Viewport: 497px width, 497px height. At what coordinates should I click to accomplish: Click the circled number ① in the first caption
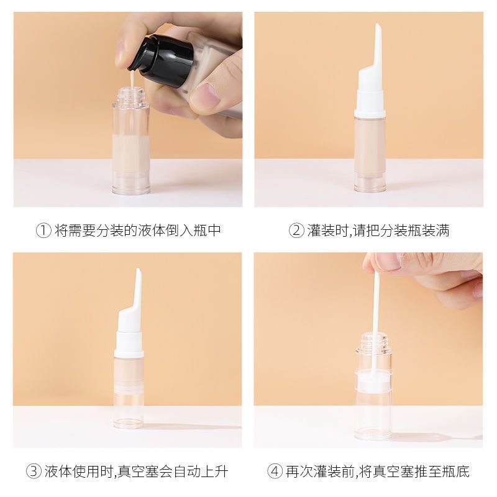pyautogui.click(x=43, y=230)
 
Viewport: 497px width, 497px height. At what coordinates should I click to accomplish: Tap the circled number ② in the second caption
pyautogui.click(x=296, y=230)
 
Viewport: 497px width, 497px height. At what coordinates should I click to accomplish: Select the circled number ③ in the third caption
pyautogui.click(x=34, y=472)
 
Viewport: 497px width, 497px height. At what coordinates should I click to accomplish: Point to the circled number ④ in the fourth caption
pyautogui.click(x=275, y=472)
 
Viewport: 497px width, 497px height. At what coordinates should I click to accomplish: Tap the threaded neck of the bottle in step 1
pyautogui.click(x=130, y=94)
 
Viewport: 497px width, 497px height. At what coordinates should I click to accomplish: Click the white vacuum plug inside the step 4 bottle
pyautogui.click(x=373, y=380)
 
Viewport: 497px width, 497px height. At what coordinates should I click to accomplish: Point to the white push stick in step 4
pyautogui.click(x=376, y=320)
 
